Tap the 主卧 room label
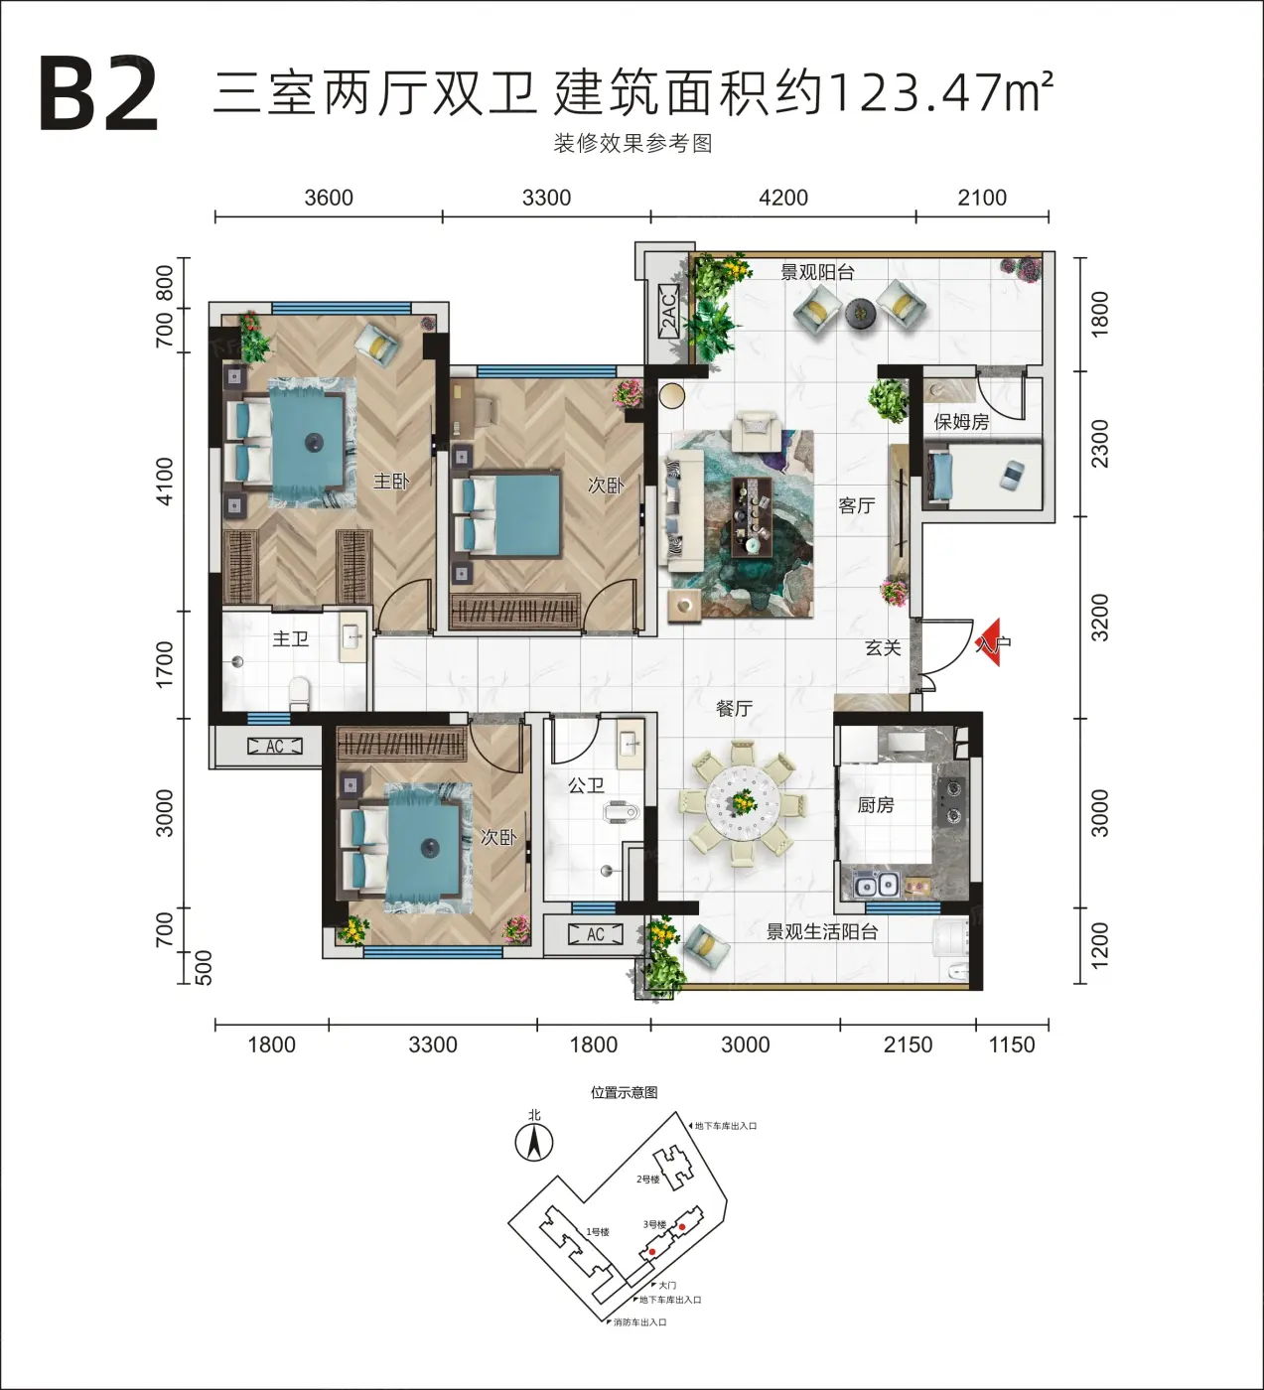pyautogui.click(x=391, y=482)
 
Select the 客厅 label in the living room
pyautogui.click(x=856, y=505)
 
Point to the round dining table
pyautogui.click(x=743, y=805)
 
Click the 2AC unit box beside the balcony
pyautogui.click(x=668, y=314)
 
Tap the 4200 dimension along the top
pyautogui.click(x=783, y=199)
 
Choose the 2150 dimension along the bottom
pyautogui.click(x=908, y=1044)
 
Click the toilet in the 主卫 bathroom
pyautogui.click(x=300, y=694)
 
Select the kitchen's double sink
pyautogui.click(x=877, y=885)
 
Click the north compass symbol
pyautogui.click(x=533, y=1142)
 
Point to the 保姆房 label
pyautogui.click(x=961, y=421)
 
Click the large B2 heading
pyautogui.click(x=99, y=95)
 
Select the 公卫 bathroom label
pyautogui.click(x=586, y=785)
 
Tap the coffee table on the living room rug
pyautogui.click(x=753, y=516)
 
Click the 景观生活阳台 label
pyautogui.click(x=822, y=932)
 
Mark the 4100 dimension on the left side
pyautogui.click(x=164, y=482)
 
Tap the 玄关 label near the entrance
pyautogui.click(x=883, y=648)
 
